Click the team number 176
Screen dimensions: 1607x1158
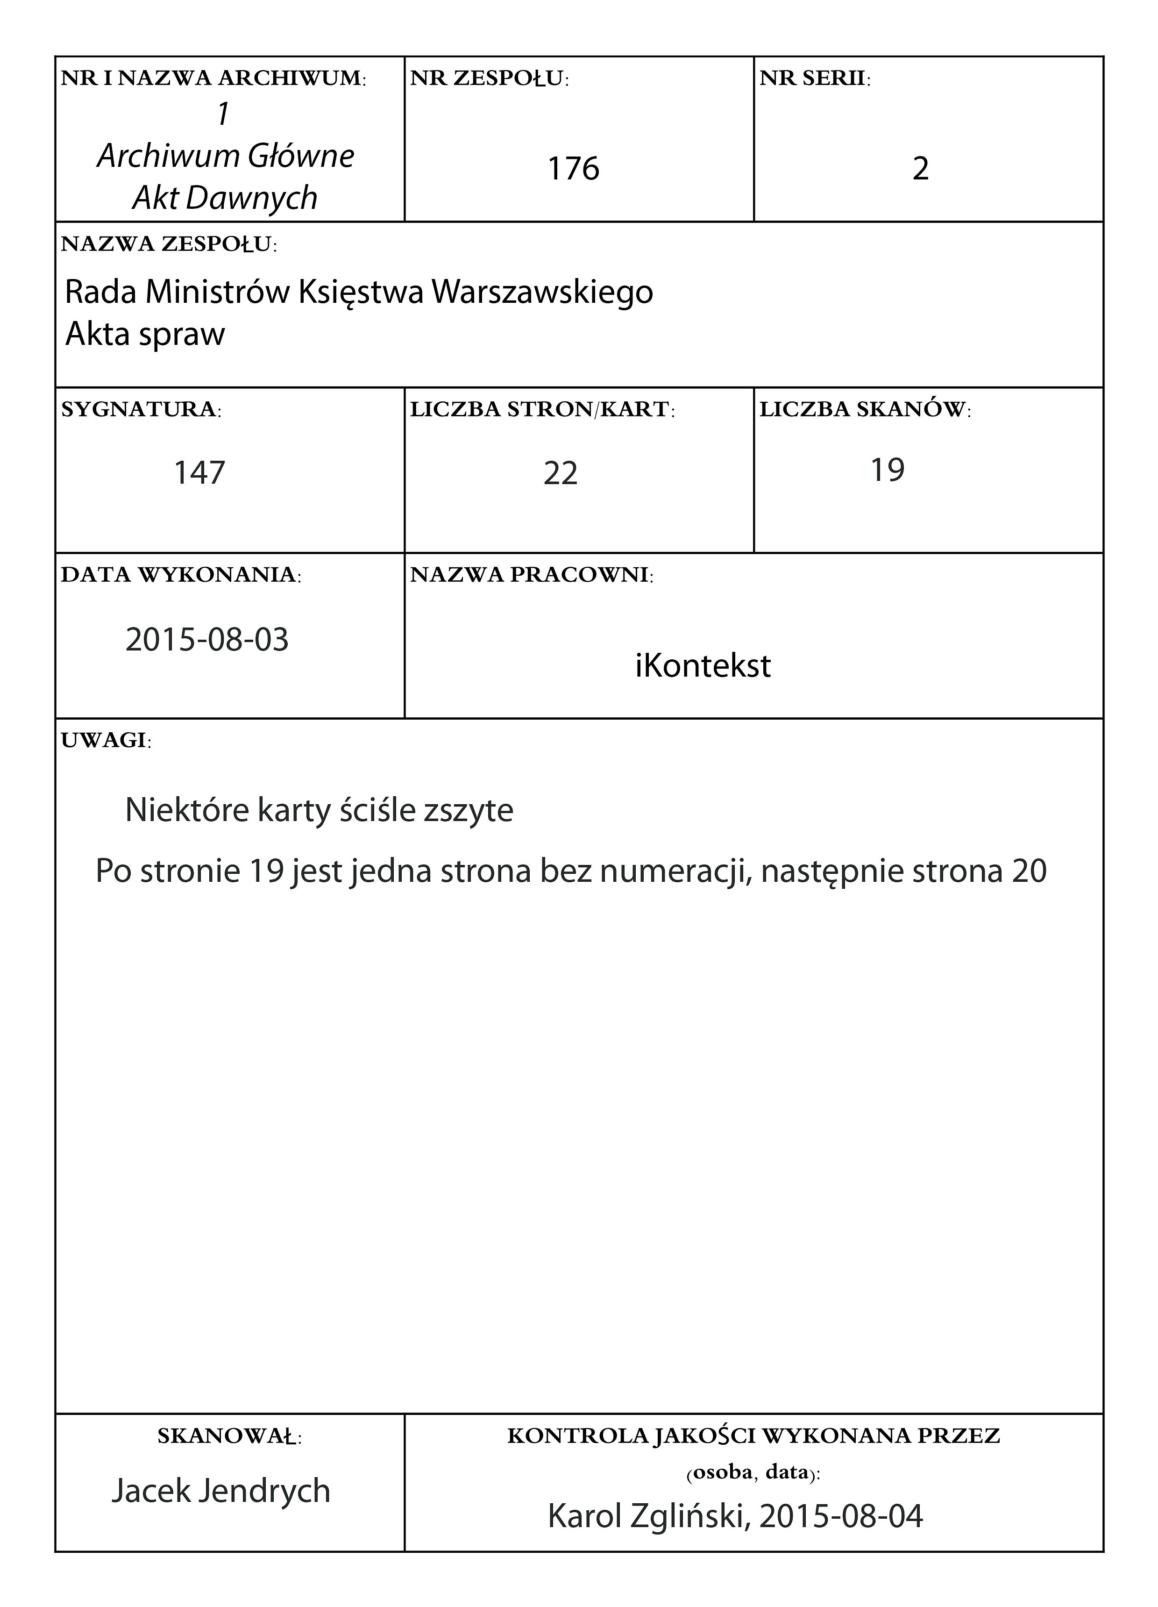click(573, 169)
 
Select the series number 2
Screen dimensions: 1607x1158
click(920, 169)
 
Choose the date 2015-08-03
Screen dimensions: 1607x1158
click(207, 640)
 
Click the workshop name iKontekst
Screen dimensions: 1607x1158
click(702, 666)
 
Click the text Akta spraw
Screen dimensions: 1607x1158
click(145, 334)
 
